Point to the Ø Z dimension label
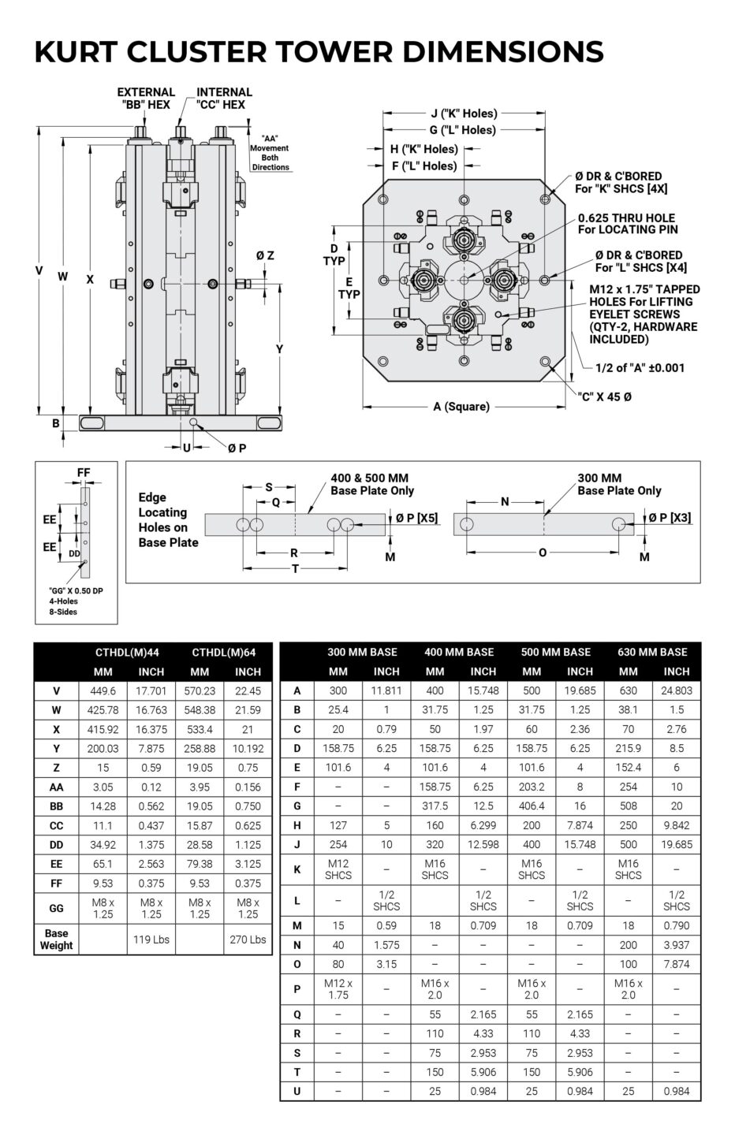click(x=265, y=255)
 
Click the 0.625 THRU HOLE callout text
click(x=626, y=223)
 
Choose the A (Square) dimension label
click(x=461, y=407)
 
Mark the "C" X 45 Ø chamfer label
click(x=605, y=396)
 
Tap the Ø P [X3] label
click(x=670, y=517)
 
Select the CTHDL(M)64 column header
click(x=223, y=652)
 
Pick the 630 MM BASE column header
click(x=652, y=652)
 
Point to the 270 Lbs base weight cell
click(x=248, y=939)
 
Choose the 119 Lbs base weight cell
click(x=151, y=939)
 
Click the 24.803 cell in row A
click(x=677, y=691)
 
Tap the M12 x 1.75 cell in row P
click(x=338, y=989)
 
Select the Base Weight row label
click(x=57, y=939)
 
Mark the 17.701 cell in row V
click(x=151, y=691)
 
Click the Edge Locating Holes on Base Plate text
click(x=167, y=519)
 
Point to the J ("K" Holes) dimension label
click(x=464, y=113)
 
